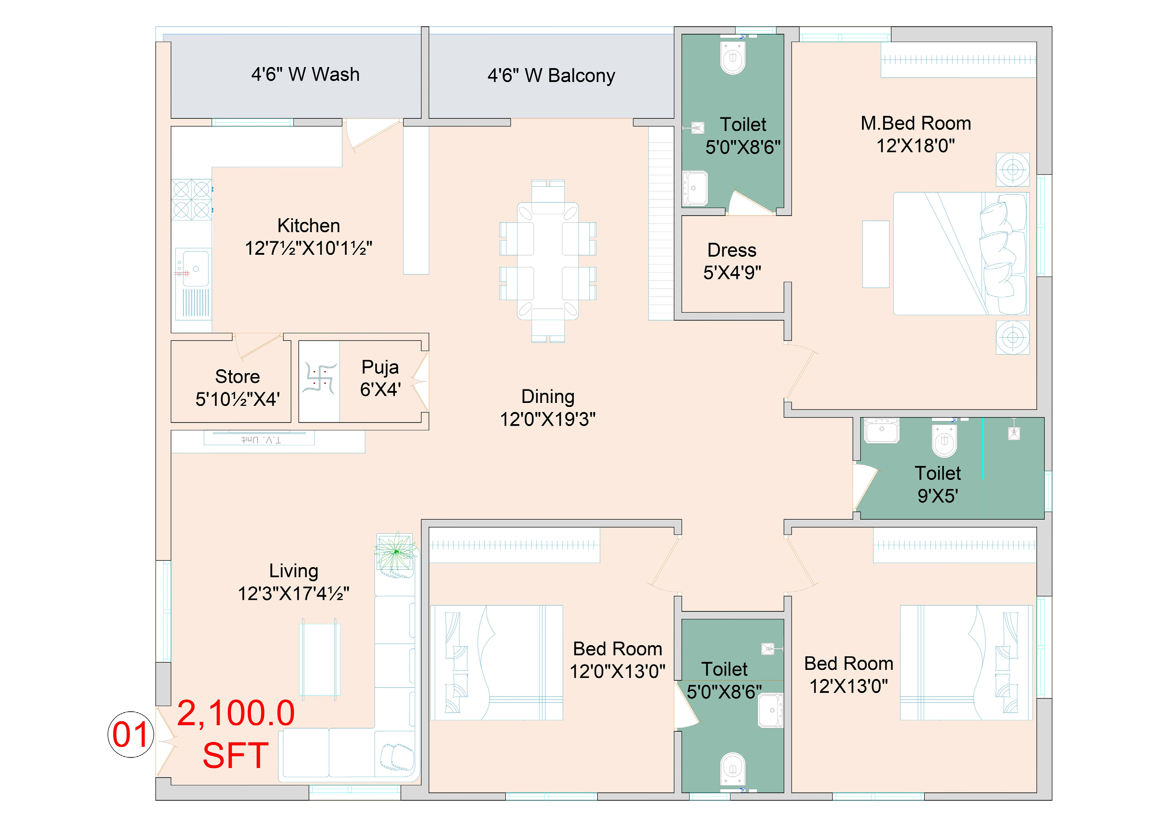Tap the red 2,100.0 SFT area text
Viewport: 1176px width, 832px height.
236,734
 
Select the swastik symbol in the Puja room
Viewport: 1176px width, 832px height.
320,378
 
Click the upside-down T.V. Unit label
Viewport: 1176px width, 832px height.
261,440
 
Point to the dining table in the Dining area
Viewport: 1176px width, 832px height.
548,261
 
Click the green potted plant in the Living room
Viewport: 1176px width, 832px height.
396,552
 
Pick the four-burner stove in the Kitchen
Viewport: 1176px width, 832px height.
191,199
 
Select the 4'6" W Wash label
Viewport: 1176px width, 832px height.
305,75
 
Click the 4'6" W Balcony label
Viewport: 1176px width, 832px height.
551,76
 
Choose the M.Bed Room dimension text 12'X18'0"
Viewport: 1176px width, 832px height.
916,146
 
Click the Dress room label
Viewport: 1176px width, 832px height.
732,250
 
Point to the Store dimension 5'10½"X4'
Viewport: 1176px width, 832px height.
238,399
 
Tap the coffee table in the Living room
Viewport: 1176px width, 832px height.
320,660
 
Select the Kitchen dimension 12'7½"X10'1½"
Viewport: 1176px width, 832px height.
308,248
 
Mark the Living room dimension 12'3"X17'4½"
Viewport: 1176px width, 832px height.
294,593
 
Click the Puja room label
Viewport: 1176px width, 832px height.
380,367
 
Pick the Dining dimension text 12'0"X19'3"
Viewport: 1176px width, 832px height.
548,419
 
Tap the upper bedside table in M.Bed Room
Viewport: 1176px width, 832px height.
1013,170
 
